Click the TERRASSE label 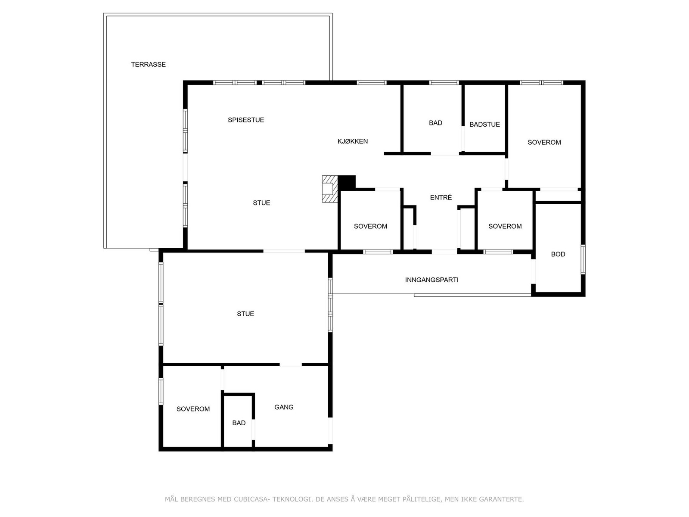tap(148, 65)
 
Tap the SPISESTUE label tap(246, 120)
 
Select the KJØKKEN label tap(352, 141)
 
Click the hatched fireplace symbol tap(329, 189)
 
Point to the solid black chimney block tap(347, 182)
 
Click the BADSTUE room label tap(484, 125)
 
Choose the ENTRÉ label tap(441, 198)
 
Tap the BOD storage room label tap(558, 254)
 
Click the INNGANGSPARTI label tap(431, 280)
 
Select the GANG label tap(284, 407)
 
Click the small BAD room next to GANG tap(239, 423)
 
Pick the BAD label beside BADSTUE tap(435, 123)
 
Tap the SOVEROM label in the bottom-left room tap(193, 409)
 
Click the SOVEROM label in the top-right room tap(544, 143)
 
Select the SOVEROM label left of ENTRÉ tap(370, 226)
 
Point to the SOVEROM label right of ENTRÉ tap(505, 226)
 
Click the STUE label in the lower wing tap(245, 314)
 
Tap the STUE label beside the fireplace tap(261, 203)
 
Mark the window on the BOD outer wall tap(583, 259)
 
